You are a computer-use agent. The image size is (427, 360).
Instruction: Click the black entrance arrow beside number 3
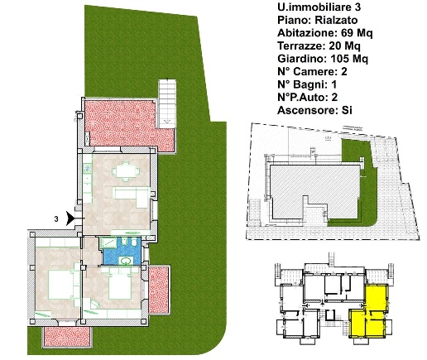(70, 218)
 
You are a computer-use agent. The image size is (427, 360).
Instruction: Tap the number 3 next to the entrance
(56, 219)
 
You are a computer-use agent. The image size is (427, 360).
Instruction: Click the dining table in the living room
(126, 171)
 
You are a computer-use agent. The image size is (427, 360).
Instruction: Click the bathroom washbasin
(127, 261)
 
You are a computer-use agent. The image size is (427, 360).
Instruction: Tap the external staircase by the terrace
(167, 104)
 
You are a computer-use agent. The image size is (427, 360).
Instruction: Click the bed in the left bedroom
(61, 285)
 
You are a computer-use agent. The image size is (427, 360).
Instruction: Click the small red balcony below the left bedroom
(67, 337)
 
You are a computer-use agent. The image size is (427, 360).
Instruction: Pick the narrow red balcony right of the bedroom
(159, 290)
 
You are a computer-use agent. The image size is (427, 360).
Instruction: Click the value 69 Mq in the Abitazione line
(357, 33)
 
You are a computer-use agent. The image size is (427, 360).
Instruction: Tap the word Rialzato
(336, 20)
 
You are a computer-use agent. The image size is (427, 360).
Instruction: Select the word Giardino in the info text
(300, 59)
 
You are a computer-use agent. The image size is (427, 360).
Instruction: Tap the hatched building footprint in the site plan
(314, 188)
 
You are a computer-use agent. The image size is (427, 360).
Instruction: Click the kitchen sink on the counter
(88, 168)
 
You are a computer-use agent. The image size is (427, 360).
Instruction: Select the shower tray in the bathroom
(108, 242)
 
